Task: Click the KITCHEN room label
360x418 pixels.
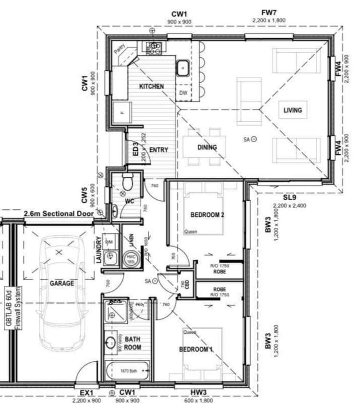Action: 151,86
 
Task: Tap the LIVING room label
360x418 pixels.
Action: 292,110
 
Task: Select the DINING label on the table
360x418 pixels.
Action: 207,148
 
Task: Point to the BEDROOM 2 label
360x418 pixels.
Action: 207,215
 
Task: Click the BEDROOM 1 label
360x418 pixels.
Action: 196,349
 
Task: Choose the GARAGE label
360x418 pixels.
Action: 62,283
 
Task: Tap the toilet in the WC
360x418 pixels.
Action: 127,183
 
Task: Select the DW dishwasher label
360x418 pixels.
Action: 183,93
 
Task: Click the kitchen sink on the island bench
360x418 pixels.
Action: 183,68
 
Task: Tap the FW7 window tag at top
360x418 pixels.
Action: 269,13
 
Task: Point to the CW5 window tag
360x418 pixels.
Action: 84,195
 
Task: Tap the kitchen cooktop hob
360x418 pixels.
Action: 154,47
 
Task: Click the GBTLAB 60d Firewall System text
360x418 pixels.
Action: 12,307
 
